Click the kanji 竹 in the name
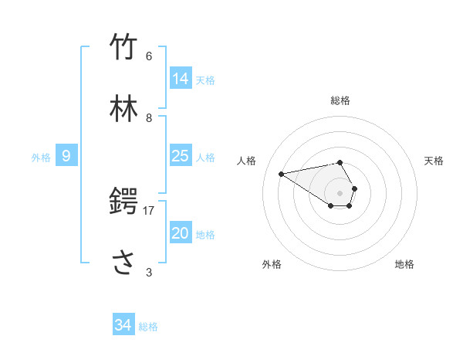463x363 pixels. [x=123, y=47]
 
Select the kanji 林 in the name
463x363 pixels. [x=123, y=109]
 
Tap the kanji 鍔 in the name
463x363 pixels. [x=123, y=202]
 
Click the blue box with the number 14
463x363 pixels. [x=181, y=79]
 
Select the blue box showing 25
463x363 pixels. [x=181, y=156]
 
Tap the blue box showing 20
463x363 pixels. [x=181, y=233]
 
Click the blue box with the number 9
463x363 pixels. [x=66, y=156]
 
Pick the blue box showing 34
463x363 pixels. [x=123, y=325]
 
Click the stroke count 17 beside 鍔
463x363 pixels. [x=149, y=210]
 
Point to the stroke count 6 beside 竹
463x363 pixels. [x=149, y=56]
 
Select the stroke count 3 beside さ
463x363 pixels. [x=149, y=272]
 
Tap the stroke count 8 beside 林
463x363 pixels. [x=149, y=117]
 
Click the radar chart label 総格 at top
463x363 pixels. [x=340, y=100]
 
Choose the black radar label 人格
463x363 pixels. [x=247, y=161]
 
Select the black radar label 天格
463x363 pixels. [x=434, y=161]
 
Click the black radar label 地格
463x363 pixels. [x=404, y=264]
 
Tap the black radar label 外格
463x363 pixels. [x=272, y=264]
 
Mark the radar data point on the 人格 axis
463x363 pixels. [x=282, y=173]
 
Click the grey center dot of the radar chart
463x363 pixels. [x=340, y=192]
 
